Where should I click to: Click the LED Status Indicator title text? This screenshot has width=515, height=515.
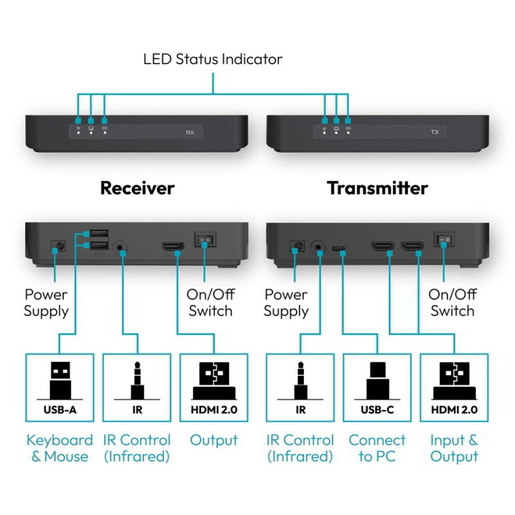point(212,59)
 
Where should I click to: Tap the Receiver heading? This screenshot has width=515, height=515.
point(137,188)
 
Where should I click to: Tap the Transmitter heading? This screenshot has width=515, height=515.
point(377,188)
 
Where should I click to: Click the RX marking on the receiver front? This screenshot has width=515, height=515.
point(190,133)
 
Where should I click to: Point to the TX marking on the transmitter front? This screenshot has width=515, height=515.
point(434,133)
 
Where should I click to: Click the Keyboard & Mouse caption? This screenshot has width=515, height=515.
point(60,449)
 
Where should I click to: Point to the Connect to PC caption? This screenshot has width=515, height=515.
point(377,449)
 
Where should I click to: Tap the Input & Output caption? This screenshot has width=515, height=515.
point(454,449)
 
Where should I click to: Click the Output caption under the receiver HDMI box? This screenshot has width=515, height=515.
point(214,441)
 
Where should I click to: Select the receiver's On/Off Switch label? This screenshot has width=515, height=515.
point(210,303)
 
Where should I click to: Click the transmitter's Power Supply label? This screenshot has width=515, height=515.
point(286,303)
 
